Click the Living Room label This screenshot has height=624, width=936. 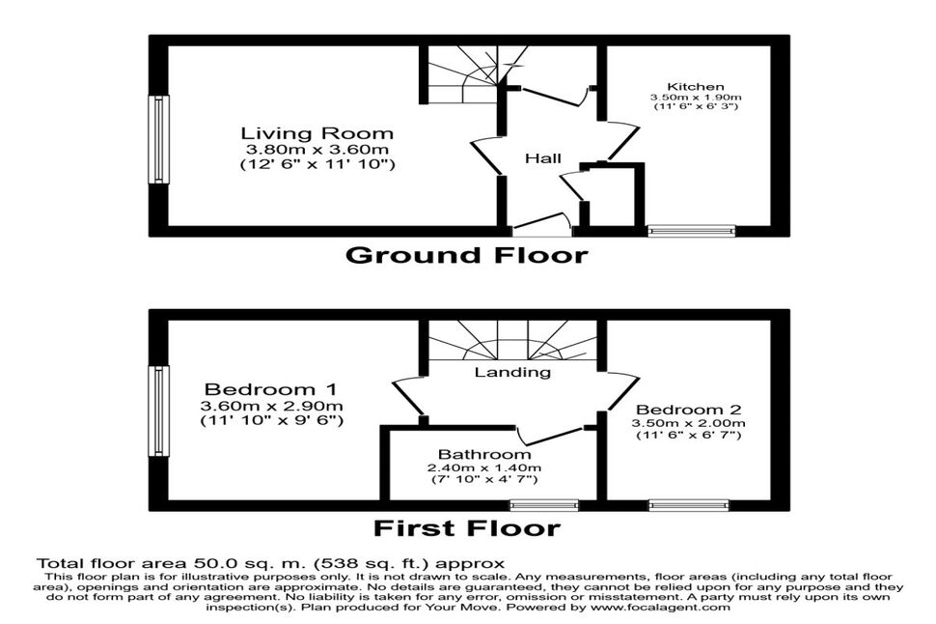[x=317, y=133]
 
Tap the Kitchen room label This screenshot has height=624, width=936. [x=696, y=87]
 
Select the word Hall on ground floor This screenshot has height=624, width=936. [x=543, y=158]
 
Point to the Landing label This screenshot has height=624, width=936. [x=512, y=372]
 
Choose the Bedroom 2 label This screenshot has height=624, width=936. [x=688, y=410]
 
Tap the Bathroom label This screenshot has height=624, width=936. [x=484, y=455]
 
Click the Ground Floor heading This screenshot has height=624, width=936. [x=467, y=255]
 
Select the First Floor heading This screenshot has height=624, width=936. [x=467, y=528]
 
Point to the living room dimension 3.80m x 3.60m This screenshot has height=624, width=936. [x=317, y=150]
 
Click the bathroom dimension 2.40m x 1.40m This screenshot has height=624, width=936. [x=484, y=468]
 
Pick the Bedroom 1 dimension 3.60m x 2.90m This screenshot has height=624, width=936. [x=271, y=407]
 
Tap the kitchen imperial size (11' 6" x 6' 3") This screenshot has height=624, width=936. [x=696, y=106]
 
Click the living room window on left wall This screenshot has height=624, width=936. [x=158, y=139]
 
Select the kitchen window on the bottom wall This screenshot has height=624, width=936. [x=693, y=230]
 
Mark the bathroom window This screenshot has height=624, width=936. [x=544, y=505]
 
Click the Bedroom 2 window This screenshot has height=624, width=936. [x=690, y=505]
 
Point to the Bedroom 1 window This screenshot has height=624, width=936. [x=158, y=411]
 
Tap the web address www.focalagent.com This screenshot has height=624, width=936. [x=660, y=608]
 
